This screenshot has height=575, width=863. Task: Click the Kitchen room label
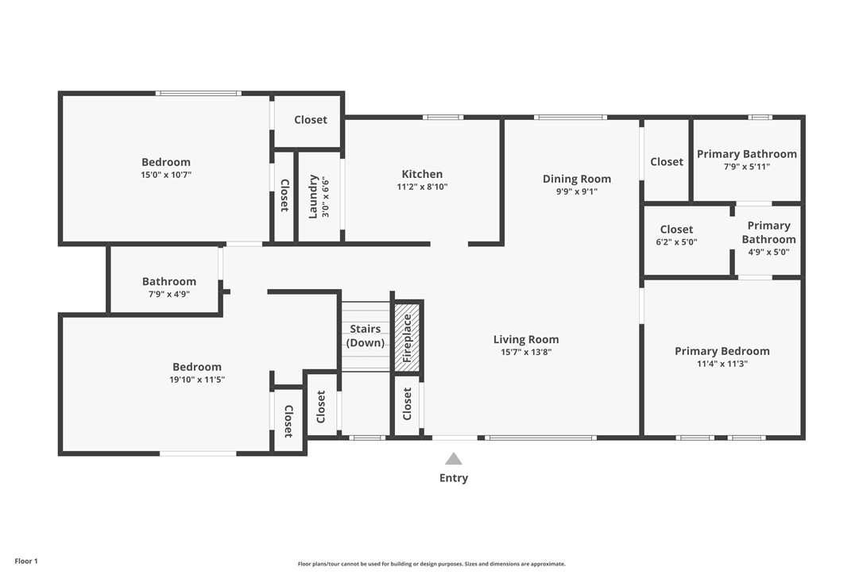pos(422,174)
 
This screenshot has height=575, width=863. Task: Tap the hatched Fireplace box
pos(408,337)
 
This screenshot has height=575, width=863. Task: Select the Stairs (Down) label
pos(366,336)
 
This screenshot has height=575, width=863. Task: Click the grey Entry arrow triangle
pos(454,459)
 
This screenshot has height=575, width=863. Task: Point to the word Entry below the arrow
pos(454,478)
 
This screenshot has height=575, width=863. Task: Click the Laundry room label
pos(313,196)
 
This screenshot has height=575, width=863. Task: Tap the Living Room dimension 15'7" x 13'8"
pos(526,352)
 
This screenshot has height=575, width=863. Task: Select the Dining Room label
pos(577,179)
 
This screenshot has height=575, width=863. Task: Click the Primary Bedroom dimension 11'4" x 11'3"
pos(722,364)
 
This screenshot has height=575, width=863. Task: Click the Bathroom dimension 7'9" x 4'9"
pos(168,294)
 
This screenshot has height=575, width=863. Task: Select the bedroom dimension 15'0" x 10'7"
pos(166,175)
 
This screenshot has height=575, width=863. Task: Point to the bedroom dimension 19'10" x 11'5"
pos(197,380)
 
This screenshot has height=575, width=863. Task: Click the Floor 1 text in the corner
pos(26,561)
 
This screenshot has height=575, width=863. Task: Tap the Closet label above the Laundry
pos(310,120)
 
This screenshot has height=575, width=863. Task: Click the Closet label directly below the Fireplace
pos(408,405)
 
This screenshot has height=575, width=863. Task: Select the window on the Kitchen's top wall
pos(443,118)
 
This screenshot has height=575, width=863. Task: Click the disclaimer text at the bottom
pos(431,564)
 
